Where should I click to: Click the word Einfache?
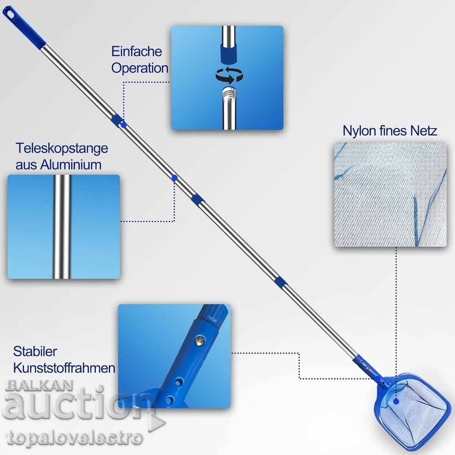click(x=137, y=52)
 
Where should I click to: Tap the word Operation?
click(x=140, y=69)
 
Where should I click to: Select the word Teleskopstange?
click(x=62, y=149)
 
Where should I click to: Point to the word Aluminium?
click(x=71, y=165)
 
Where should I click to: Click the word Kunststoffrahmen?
click(x=64, y=368)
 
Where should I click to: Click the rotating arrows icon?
click(x=229, y=75)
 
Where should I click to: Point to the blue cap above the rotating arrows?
click(x=228, y=53)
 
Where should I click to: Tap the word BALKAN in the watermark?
click(x=39, y=386)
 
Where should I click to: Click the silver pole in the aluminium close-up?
click(x=62, y=227)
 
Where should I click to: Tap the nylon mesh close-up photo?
click(x=390, y=195)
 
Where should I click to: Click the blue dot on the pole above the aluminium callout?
click(x=174, y=177)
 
